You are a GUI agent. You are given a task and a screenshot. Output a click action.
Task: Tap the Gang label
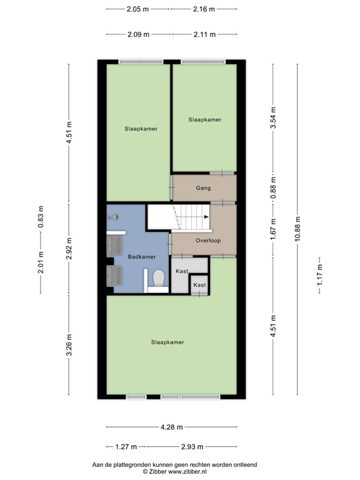[203, 187]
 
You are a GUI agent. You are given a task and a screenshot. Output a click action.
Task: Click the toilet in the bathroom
[159, 278]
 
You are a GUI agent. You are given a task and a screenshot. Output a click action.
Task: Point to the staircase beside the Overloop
[181, 219]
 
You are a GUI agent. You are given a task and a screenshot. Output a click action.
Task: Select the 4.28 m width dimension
[171, 427]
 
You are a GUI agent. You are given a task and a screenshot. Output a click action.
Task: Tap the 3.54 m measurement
[272, 118]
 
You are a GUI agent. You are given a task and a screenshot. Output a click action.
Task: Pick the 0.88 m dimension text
[272, 187]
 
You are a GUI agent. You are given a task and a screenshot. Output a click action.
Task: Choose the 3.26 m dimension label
[70, 345]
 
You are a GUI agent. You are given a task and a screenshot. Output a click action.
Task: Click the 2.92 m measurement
[70, 249]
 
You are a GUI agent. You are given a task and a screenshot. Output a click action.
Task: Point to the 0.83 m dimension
[41, 217]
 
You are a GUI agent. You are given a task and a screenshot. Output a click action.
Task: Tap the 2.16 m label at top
[203, 9]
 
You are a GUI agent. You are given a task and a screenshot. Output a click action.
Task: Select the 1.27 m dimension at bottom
[126, 447]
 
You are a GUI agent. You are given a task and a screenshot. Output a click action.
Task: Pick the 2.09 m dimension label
[137, 34]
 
